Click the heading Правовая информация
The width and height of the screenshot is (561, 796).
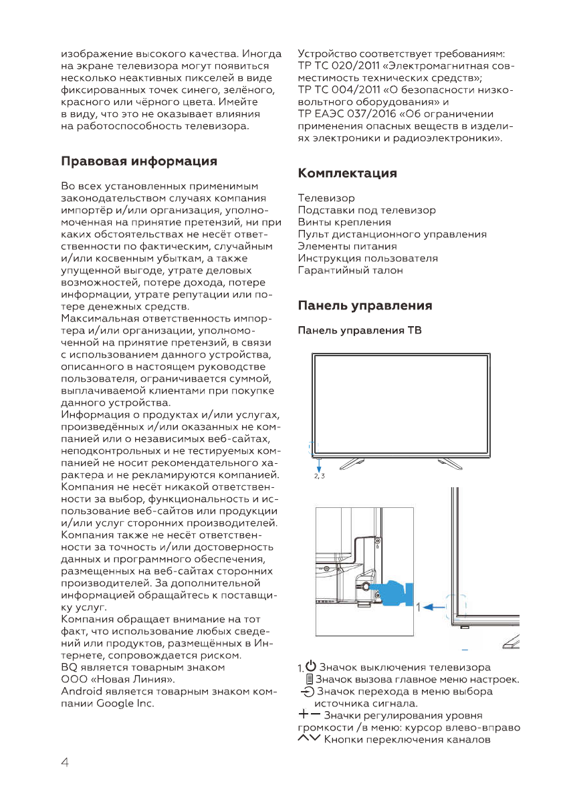(x=139, y=161)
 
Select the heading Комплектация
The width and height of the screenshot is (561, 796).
(x=347, y=174)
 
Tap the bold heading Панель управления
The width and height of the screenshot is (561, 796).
(x=364, y=306)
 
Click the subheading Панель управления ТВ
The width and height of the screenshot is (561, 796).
(x=359, y=331)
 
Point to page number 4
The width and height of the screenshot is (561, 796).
(x=66, y=763)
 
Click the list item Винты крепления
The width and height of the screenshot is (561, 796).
(x=344, y=222)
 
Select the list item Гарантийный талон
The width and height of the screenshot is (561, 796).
(x=350, y=271)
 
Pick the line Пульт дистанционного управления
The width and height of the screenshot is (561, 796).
(x=392, y=234)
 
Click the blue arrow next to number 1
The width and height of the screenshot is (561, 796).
(x=437, y=608)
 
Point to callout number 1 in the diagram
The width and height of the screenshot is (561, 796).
(x=419, y=608)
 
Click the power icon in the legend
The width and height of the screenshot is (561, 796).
(x=310, y=666)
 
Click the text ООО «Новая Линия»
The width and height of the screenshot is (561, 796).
(x=114, y=680)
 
